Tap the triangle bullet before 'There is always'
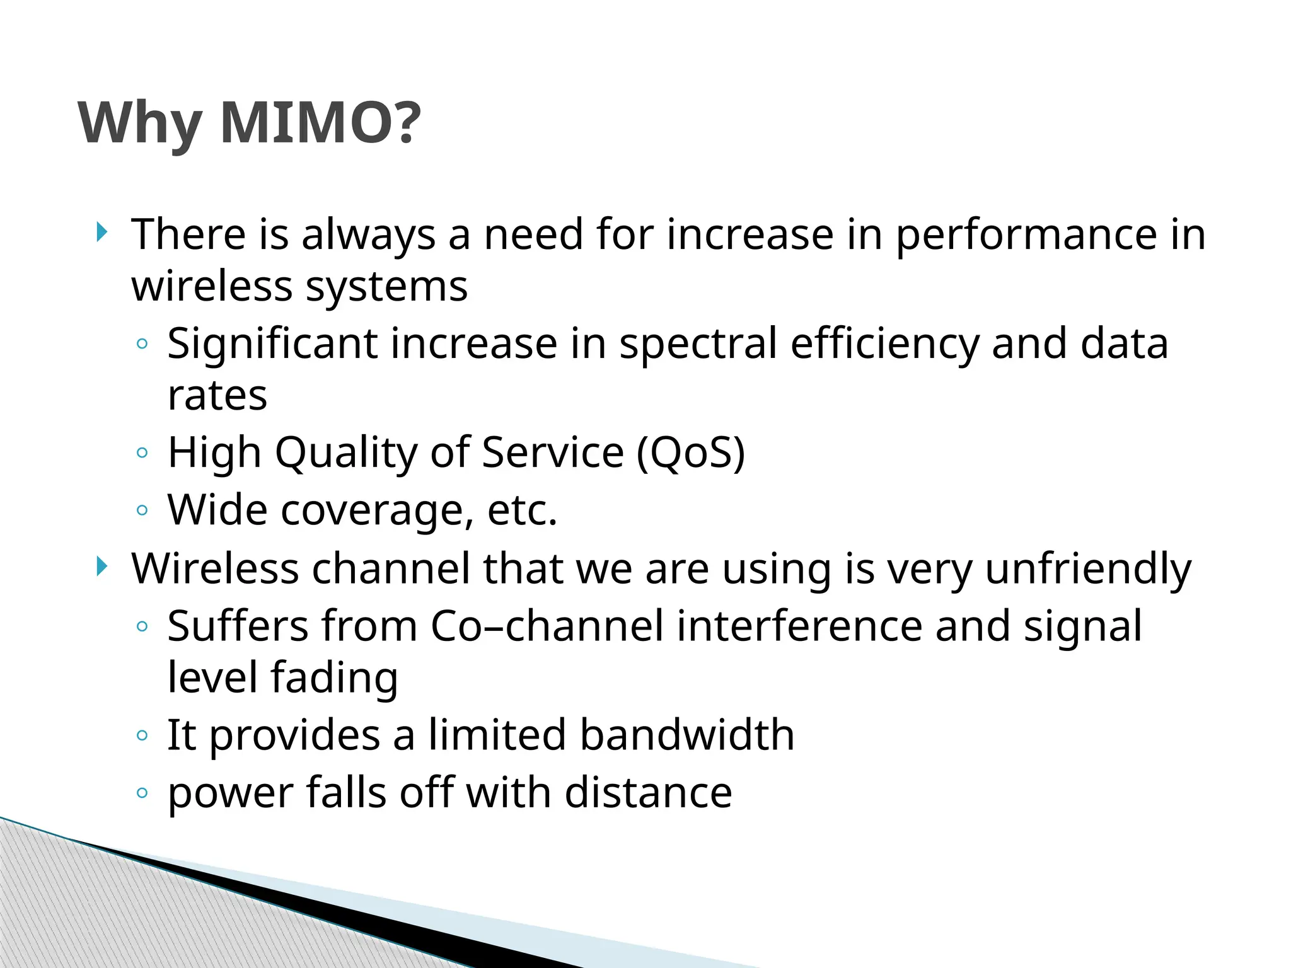pyautogui.click(x=102, y=233)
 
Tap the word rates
pyautogui.click(x=217, y=396)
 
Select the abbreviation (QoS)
pyautogui.click(x=691, y=454)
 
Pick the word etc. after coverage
pyautogui.click(x=523, y=510)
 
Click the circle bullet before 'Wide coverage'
pyautogui.click(x=142, y=510)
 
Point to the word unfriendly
pyautogui.click(x=1088, y=570)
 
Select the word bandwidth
pyautogui.click(x=686, y=735)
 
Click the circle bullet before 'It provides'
pyautogui.click(x=142, y=735)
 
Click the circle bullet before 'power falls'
pyautogui.click(x=142, y=793)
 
